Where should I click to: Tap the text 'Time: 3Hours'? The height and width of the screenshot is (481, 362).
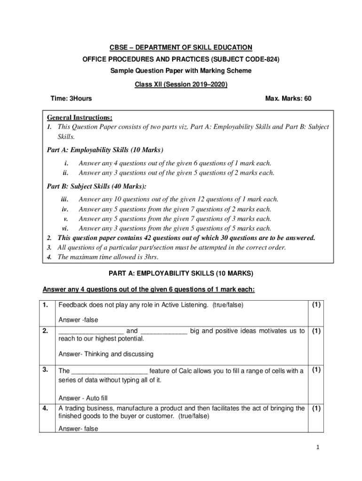click(71, 99)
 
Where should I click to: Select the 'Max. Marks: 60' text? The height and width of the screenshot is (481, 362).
click(288, 99)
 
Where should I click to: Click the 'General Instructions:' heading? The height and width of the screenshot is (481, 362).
click(79, 117)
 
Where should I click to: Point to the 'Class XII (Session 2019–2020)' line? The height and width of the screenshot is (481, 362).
click(181, 85)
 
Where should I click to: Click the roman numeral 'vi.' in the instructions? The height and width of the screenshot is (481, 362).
click(66, 228)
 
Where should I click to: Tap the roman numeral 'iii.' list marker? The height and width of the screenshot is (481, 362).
click(66, 200)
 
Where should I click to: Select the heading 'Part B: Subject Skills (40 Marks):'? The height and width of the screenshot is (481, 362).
click(96, 186)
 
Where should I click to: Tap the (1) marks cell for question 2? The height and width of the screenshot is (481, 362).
click(316, 331)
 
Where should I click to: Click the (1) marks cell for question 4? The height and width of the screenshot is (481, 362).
click(316, 409)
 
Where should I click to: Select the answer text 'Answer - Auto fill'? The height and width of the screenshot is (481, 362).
click(83, 398)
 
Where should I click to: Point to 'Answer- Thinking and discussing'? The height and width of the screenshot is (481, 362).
click(106, 354)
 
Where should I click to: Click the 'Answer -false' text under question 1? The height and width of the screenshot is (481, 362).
click(78, 320)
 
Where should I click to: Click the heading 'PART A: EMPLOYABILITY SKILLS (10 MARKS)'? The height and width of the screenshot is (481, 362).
click(181, 273)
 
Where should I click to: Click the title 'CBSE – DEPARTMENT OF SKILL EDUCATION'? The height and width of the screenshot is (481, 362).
click(181, 47)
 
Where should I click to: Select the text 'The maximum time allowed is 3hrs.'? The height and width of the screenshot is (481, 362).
click(108, 257)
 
